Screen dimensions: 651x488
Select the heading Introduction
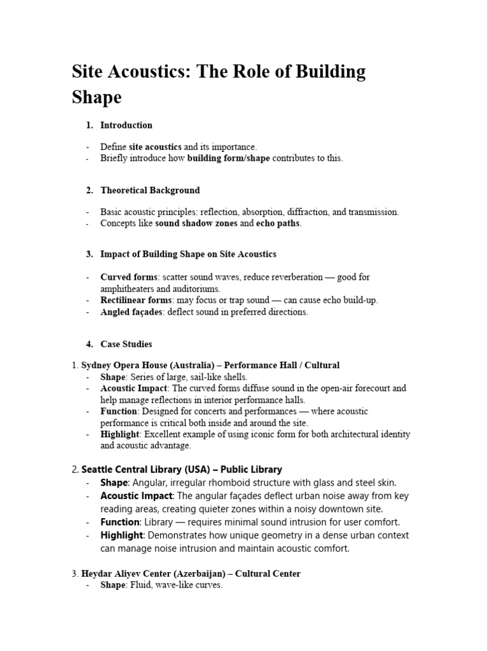click(x=126, y=125)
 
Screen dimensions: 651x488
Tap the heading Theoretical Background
click(x=150, y=190)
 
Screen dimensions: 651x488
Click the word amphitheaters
click(x=130, y=289)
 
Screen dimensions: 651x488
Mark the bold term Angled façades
click(x=132, y=312)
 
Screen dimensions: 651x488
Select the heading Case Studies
click(x=126, y=344)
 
